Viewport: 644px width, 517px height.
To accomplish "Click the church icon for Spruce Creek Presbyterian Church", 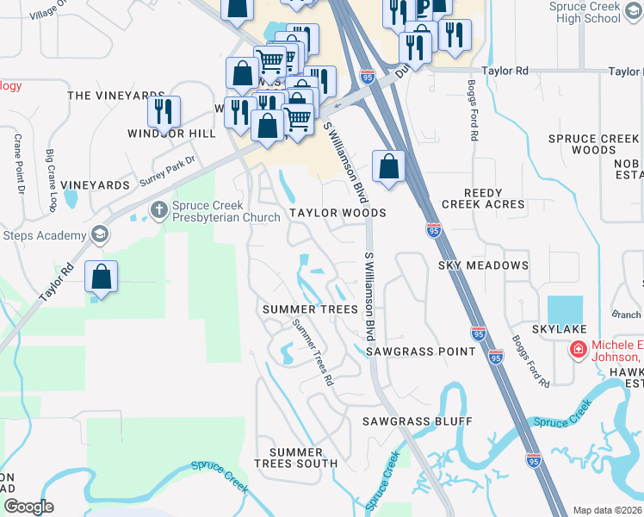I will (x=158, y=209).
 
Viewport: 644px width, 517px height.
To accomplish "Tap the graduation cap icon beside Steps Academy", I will (x=100, y=234).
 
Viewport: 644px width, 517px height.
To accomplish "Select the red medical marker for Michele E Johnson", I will (x=578, y=351).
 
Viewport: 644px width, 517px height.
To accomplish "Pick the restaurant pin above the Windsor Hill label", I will (x=164, y=111).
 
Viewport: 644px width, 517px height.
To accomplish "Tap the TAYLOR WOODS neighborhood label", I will (x=337, y=212).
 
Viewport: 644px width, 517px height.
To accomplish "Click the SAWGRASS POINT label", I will (x=420, y=352).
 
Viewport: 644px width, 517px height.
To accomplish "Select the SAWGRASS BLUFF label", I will (x=417, y=421).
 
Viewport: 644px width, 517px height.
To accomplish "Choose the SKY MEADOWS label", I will (x=483, y=265).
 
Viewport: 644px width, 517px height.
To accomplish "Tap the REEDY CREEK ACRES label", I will (x=483, y=198).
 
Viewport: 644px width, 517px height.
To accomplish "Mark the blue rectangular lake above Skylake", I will (x=565, y=309).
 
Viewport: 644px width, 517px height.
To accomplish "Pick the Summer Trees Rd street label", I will (x=313, y=351).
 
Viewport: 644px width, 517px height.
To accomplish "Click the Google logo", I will (x=28, y=506).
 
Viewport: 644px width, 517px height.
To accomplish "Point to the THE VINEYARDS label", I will (x=115, y=96).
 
